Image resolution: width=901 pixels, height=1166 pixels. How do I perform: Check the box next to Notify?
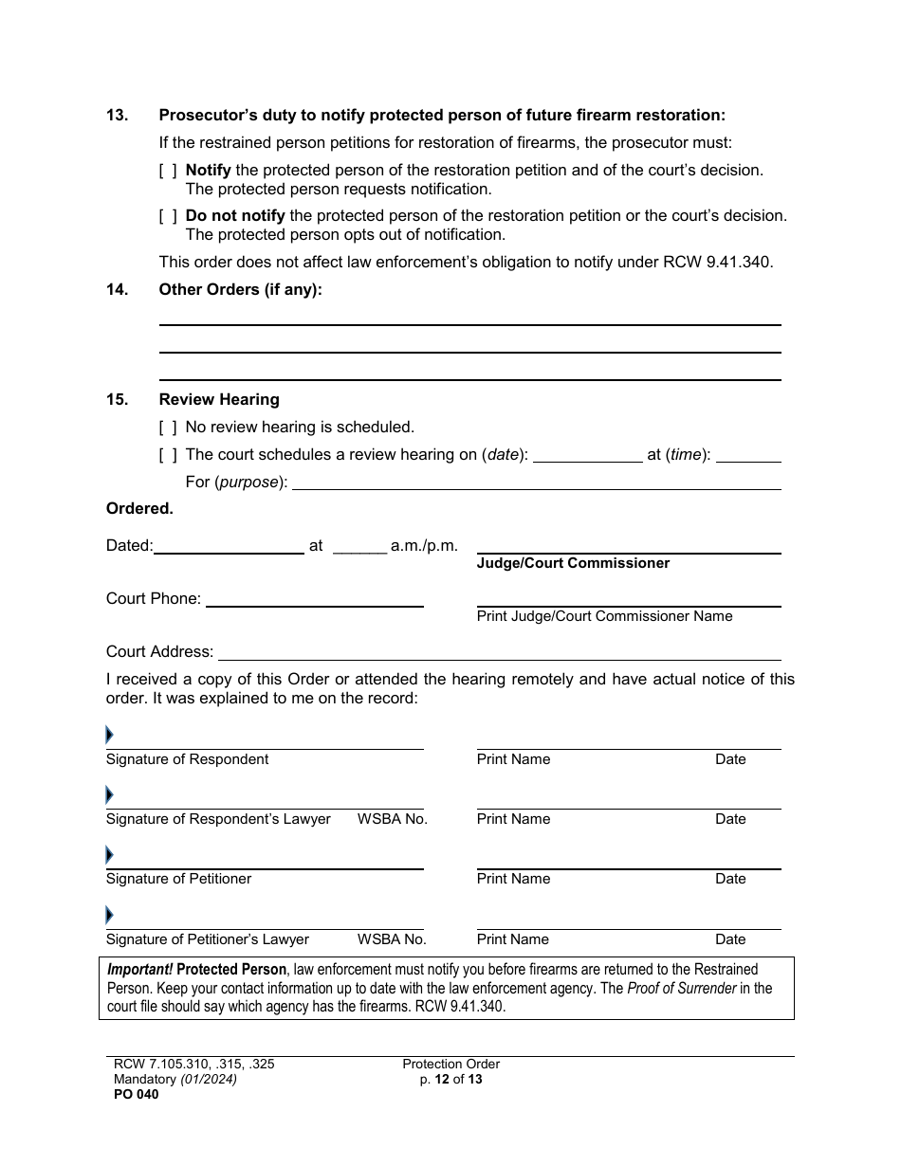[168, 171]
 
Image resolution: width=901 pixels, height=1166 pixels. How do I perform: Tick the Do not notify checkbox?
[168, 216]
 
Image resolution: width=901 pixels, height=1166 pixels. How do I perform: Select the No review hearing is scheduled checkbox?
[168, 428]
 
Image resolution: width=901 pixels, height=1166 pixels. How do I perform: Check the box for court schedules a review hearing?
[168, 455]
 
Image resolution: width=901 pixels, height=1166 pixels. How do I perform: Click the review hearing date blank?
[587, 456]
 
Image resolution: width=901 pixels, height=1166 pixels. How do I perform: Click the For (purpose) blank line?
[536, 483]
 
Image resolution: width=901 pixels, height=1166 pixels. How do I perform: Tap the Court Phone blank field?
[314, 600]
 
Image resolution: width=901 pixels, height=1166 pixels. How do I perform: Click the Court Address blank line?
[499, 653]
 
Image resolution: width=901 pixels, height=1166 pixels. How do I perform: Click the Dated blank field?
[229, 547]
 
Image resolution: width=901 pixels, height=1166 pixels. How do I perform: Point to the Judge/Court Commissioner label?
[573, 563]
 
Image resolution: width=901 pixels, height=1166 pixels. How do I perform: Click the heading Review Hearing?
[219, 400]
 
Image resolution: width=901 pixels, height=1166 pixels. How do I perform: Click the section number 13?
[117, 116]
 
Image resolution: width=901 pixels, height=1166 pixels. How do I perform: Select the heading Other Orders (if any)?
[240, 290]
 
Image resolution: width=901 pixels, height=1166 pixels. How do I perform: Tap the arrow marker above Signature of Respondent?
[109, 735]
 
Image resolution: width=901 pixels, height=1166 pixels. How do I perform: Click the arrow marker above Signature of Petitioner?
[109, 855]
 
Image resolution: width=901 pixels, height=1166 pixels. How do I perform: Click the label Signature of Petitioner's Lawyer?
[208, 939]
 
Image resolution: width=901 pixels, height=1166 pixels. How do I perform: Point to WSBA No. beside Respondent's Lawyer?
[393, 819]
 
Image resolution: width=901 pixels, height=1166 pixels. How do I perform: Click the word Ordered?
[139, 509]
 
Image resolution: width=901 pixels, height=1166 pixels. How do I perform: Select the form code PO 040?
[133, 1095]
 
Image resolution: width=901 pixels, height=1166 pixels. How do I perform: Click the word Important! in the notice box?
[139, 970]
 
